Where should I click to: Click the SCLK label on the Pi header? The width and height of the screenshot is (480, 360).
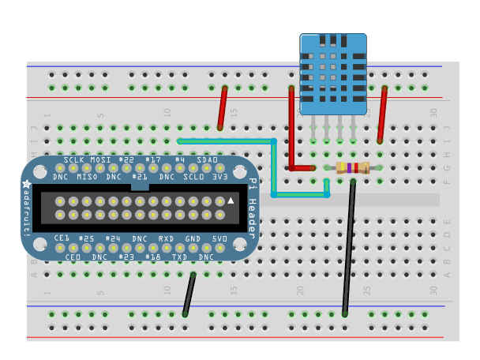[73, 160]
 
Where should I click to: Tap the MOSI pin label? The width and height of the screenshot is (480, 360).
[100, 160]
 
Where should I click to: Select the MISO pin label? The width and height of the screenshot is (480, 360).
[87, 177]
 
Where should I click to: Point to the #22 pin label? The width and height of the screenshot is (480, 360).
[126, 160]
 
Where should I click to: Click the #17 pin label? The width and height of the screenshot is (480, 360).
[153, 160]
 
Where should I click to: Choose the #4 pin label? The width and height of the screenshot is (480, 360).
[180, 160]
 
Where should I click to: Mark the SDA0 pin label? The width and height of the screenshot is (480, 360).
[207, 160]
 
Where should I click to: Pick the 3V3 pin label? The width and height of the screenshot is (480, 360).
[220, 177]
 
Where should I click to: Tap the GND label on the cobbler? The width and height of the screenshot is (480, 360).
[192, 238]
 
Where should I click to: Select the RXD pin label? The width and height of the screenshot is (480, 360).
[166, 238]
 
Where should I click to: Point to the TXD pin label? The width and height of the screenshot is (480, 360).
[179, 257]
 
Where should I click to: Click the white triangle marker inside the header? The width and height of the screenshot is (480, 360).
[231, 202]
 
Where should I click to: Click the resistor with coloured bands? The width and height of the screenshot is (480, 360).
[352, 167]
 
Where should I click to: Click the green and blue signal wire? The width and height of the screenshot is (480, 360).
[273, 166]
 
